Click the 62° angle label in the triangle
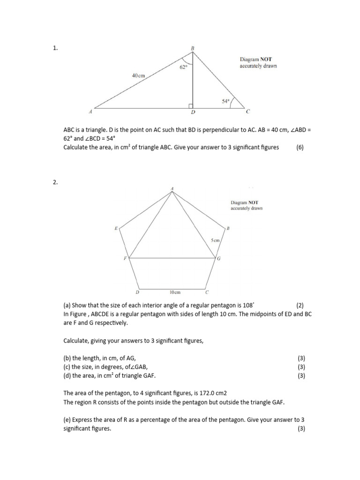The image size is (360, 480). pyautogui.click(x=184, y=67)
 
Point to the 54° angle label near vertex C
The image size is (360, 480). pyautogui.click(x=225, y=101)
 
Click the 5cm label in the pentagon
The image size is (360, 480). pyautogui.click(x=215, y=240)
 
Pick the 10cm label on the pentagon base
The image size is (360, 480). pyautogui.click(x=175, y=292)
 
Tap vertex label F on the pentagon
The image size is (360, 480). pyautogui.click(x=125, y=258)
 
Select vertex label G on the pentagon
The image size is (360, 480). pyautogui.click(x=219, y=259)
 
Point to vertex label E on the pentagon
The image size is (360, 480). pyautogui.click(x=116, y=228)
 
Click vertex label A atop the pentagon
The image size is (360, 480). pyautogui.click(x=172, y=188)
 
